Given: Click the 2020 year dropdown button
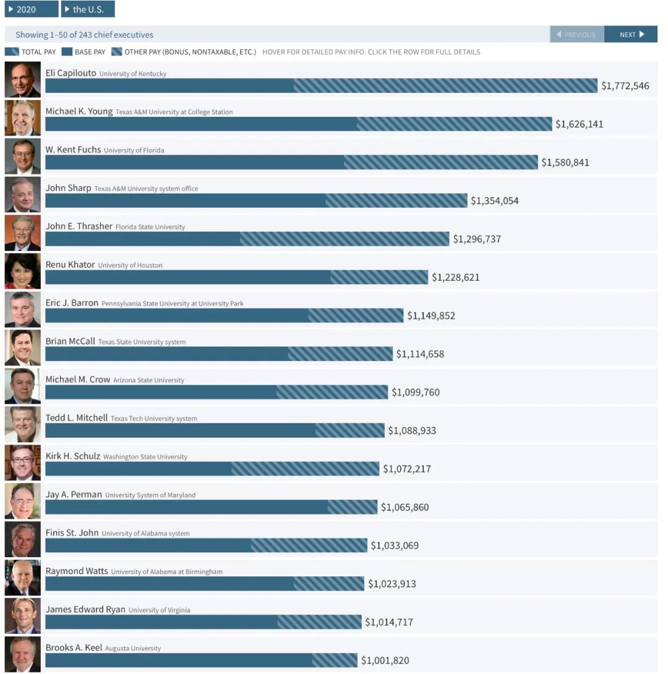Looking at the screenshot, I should tap(31, 9).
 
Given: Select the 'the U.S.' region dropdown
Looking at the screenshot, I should tap(88, 9).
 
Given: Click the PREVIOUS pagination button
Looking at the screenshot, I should tap(576, 35).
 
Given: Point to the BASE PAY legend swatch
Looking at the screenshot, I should tap(67, 52).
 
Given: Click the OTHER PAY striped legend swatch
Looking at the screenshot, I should tap(116, 52).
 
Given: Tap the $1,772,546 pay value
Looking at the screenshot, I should tap(625, 86).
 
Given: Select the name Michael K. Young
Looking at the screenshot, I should tap(79, 111).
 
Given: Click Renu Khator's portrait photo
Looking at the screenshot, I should tap(22, 271).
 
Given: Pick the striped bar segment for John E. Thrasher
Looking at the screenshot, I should tap(344, 239).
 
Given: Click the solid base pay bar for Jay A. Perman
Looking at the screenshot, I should tap(186, 507).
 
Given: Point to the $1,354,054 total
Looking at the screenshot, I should tap(494, 201).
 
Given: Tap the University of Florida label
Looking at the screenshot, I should tap(134, 150).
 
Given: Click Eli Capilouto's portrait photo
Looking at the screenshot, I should tap(22, 79).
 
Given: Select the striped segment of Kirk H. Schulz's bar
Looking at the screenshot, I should tap(305, 469).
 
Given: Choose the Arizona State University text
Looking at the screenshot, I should tap(148, 380).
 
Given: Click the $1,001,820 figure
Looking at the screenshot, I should tap(385, 660).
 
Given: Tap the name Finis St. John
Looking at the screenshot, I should tap(72, 532).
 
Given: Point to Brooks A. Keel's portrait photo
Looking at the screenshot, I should tap(22, 654).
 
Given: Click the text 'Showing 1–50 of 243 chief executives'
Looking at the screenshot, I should tap(84, 35).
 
